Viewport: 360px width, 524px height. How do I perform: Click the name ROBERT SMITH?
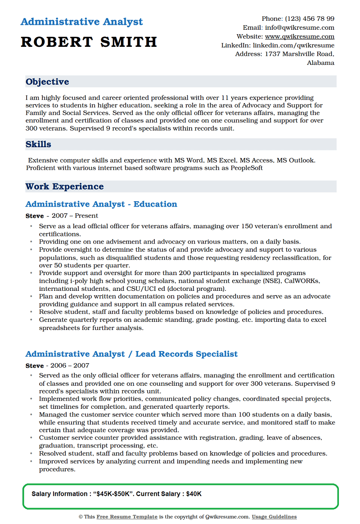[89, 42]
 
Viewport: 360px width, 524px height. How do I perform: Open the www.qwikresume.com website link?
[299, 36]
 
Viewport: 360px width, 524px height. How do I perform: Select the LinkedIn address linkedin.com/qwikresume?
[293, 45]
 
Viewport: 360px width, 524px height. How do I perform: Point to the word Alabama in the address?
[320, 63]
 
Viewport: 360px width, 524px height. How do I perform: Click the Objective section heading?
[47, 81]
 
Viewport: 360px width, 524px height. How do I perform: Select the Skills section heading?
[38, 145]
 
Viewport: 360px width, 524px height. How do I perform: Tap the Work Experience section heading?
[64, 186]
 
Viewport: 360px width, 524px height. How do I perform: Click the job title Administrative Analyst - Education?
[101, 204]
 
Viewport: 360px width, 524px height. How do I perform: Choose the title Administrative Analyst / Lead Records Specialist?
[131, 354]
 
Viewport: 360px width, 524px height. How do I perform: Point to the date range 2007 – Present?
[75, 216]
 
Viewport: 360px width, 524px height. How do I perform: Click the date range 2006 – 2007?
[70, 366]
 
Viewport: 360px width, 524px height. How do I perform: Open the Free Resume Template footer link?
[127, 517]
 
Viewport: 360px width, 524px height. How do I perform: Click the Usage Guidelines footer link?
[274, 517]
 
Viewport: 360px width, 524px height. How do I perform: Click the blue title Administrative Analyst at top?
[81, 22]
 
